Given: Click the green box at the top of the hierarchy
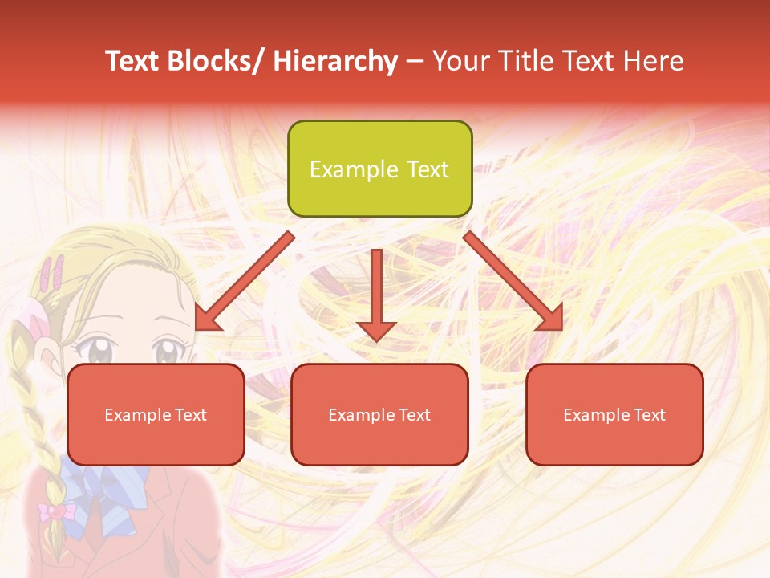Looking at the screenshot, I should click(x=379, y=169).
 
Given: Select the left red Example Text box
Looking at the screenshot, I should click(x=156, y=414).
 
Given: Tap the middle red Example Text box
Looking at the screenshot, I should click(x=379, y=414).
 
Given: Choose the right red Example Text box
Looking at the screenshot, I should click(x=614, y=414).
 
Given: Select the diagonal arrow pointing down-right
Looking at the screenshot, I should click(x=513, y=282).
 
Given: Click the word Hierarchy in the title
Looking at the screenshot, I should click(x=335, y=61).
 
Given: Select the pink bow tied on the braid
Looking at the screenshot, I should click(x=55, y=511).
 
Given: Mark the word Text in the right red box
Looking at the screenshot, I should click(x=649, y=415).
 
